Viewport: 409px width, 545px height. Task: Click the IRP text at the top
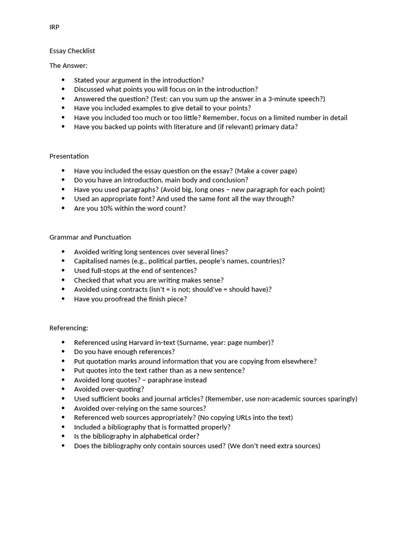pos(54,27)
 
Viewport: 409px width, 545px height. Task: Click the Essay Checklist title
pos(72,51)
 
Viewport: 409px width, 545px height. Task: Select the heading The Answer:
pos(68,65)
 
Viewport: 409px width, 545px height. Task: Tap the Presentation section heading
pos(69,156)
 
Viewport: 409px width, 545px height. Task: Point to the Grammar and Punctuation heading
pos(90,237)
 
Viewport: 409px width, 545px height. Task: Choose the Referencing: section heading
pos(69,328)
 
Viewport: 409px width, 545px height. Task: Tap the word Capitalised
pos(91,261)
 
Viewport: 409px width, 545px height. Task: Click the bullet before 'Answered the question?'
pos(63,99)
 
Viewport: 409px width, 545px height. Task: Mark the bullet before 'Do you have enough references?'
pos(63,352)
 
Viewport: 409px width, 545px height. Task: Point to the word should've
pos(214,289)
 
